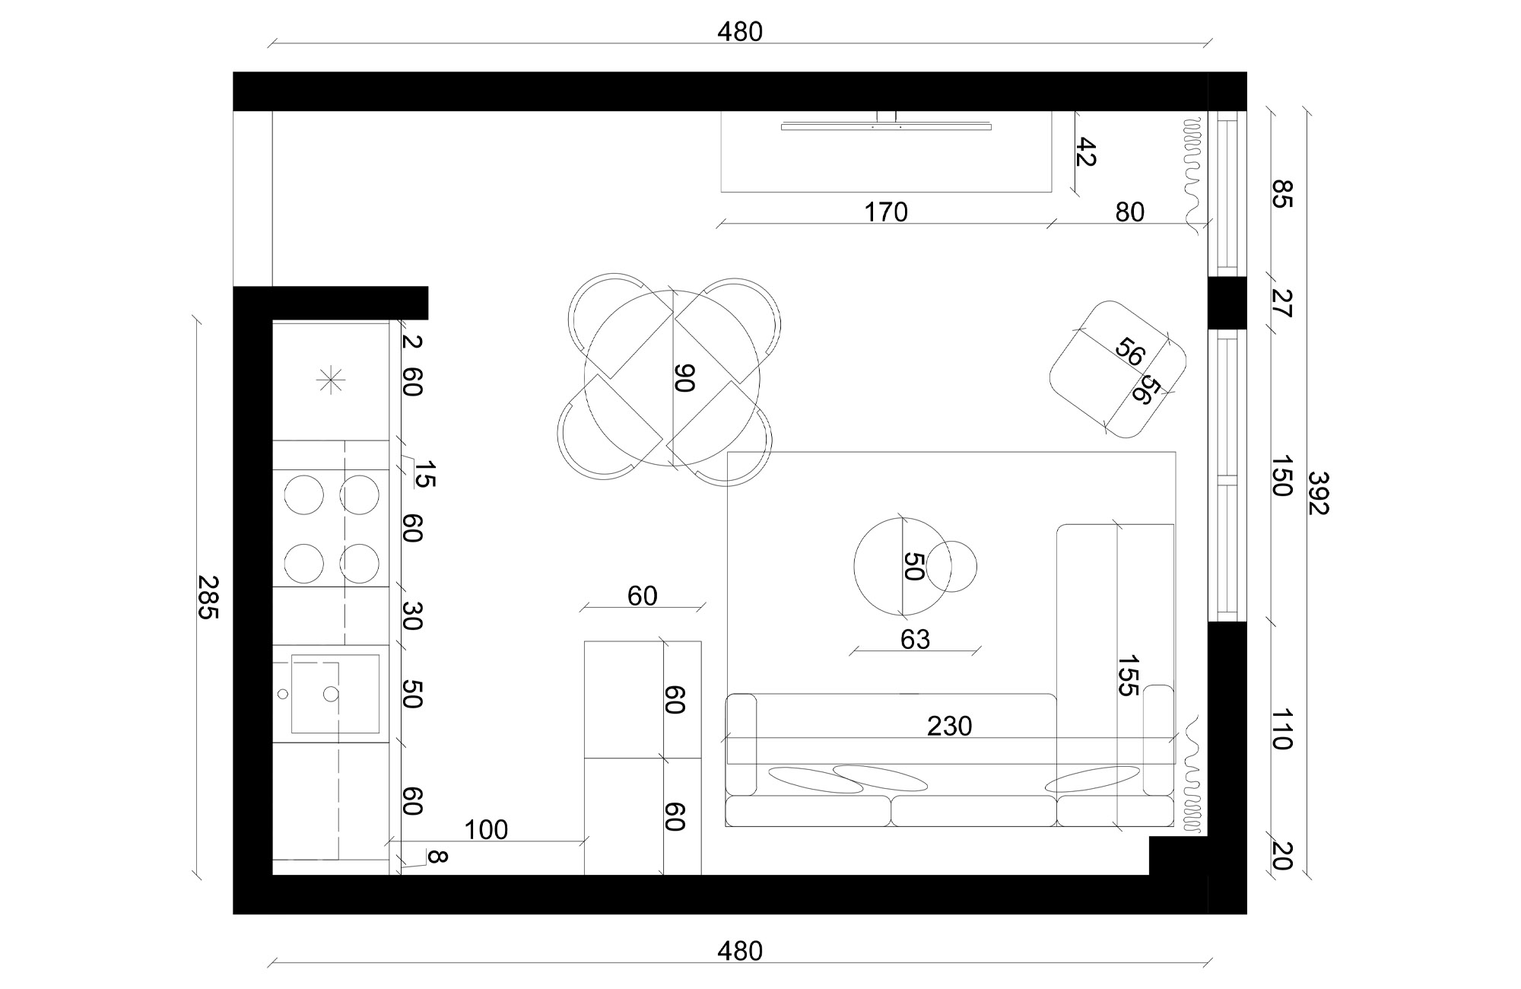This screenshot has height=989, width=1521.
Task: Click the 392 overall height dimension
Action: pos(1318,493)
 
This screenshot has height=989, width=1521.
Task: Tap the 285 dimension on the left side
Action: pos(208,597)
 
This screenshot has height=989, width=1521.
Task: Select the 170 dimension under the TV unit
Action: pos(886,212)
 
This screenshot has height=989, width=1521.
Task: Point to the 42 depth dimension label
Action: pos(1085,152)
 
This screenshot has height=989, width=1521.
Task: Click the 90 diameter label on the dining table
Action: pos(684,377)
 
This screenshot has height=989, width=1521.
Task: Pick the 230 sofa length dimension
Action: pos(950,727)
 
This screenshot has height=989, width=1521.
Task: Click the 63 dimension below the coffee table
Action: pos(915,640)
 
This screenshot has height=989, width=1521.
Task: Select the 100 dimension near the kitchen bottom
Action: pos(486,830)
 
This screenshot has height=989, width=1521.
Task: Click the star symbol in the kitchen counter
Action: pos(332,380)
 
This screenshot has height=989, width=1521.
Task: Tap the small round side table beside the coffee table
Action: pos(951,566)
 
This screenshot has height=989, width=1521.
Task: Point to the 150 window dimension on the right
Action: pos(1282,476)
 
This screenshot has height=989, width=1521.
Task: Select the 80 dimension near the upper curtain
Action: pos(1130,212)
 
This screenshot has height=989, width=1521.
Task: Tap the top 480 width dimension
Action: pos(740,32)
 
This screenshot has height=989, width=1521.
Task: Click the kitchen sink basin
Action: pos(335,694)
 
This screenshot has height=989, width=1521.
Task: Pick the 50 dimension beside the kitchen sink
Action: pos(411,694)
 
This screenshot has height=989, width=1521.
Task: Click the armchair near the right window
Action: pos(1118,369)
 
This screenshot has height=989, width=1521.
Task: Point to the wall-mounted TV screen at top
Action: pos(887,126)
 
